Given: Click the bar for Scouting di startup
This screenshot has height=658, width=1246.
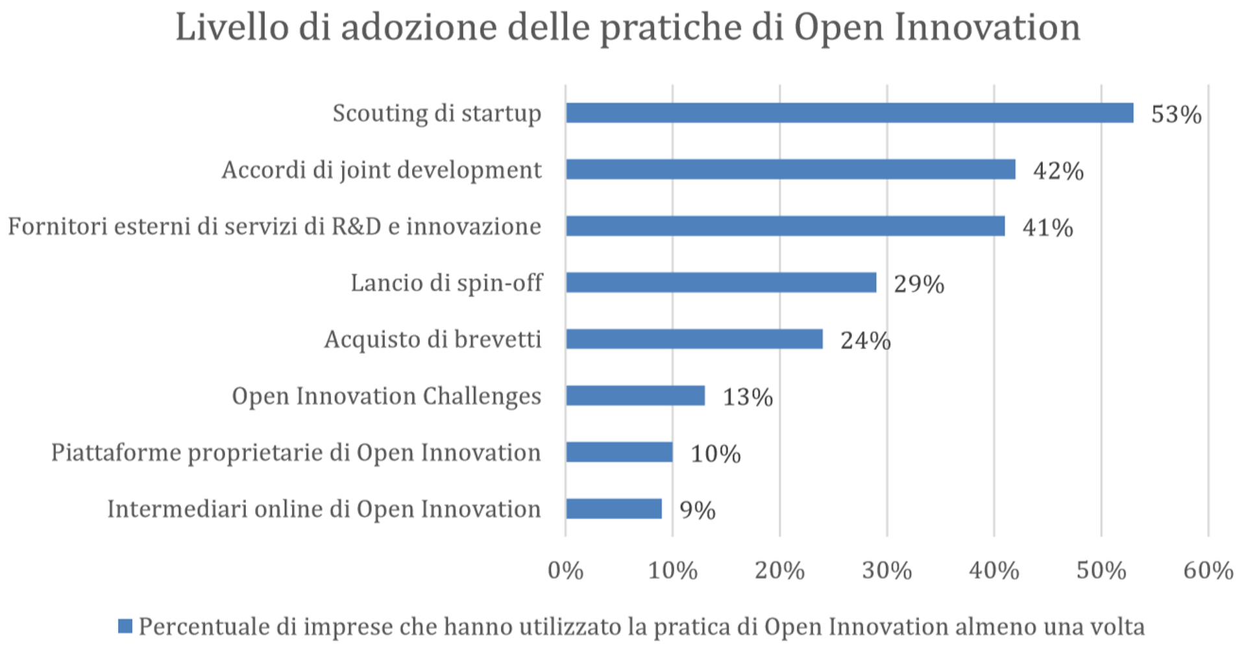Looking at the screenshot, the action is [849, 113].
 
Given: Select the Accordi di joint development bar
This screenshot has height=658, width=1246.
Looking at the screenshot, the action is [790, 169].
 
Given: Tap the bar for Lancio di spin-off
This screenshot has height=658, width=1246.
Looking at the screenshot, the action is [721, 283].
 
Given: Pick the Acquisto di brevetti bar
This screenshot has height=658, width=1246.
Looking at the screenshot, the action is [694, 339].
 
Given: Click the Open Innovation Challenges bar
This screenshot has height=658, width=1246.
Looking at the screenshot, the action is [635, 396].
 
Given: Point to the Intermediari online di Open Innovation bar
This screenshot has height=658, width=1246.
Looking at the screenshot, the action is [614, 509].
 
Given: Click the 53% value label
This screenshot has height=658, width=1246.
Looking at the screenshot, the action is [1176, 115].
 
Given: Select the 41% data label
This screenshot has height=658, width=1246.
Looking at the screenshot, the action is [1047, 228].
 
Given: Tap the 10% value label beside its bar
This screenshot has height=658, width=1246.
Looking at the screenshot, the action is [715, 454].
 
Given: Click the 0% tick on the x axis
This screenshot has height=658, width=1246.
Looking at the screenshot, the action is [565, 570].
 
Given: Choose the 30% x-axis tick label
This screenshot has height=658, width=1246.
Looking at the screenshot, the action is [886, 570].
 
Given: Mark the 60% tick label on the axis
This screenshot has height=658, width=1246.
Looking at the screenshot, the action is [1208, 570].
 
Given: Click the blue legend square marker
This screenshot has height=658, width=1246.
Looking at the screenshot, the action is [125, 626].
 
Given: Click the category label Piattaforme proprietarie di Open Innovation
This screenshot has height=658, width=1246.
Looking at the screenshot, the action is [296, 452].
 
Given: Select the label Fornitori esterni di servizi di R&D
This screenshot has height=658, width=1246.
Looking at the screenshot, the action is [195, 226].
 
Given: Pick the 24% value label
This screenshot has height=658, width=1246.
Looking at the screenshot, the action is [865, 341].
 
